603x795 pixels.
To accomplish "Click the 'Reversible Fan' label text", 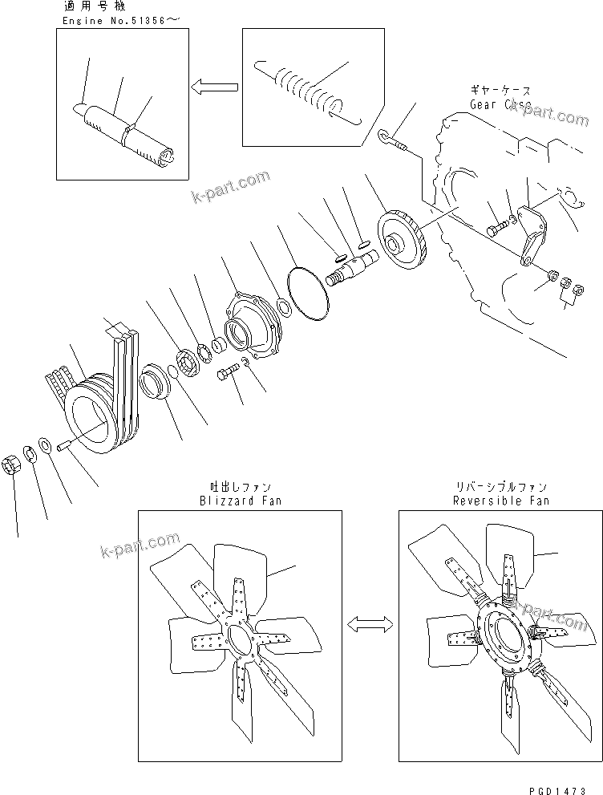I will point(501,501).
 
